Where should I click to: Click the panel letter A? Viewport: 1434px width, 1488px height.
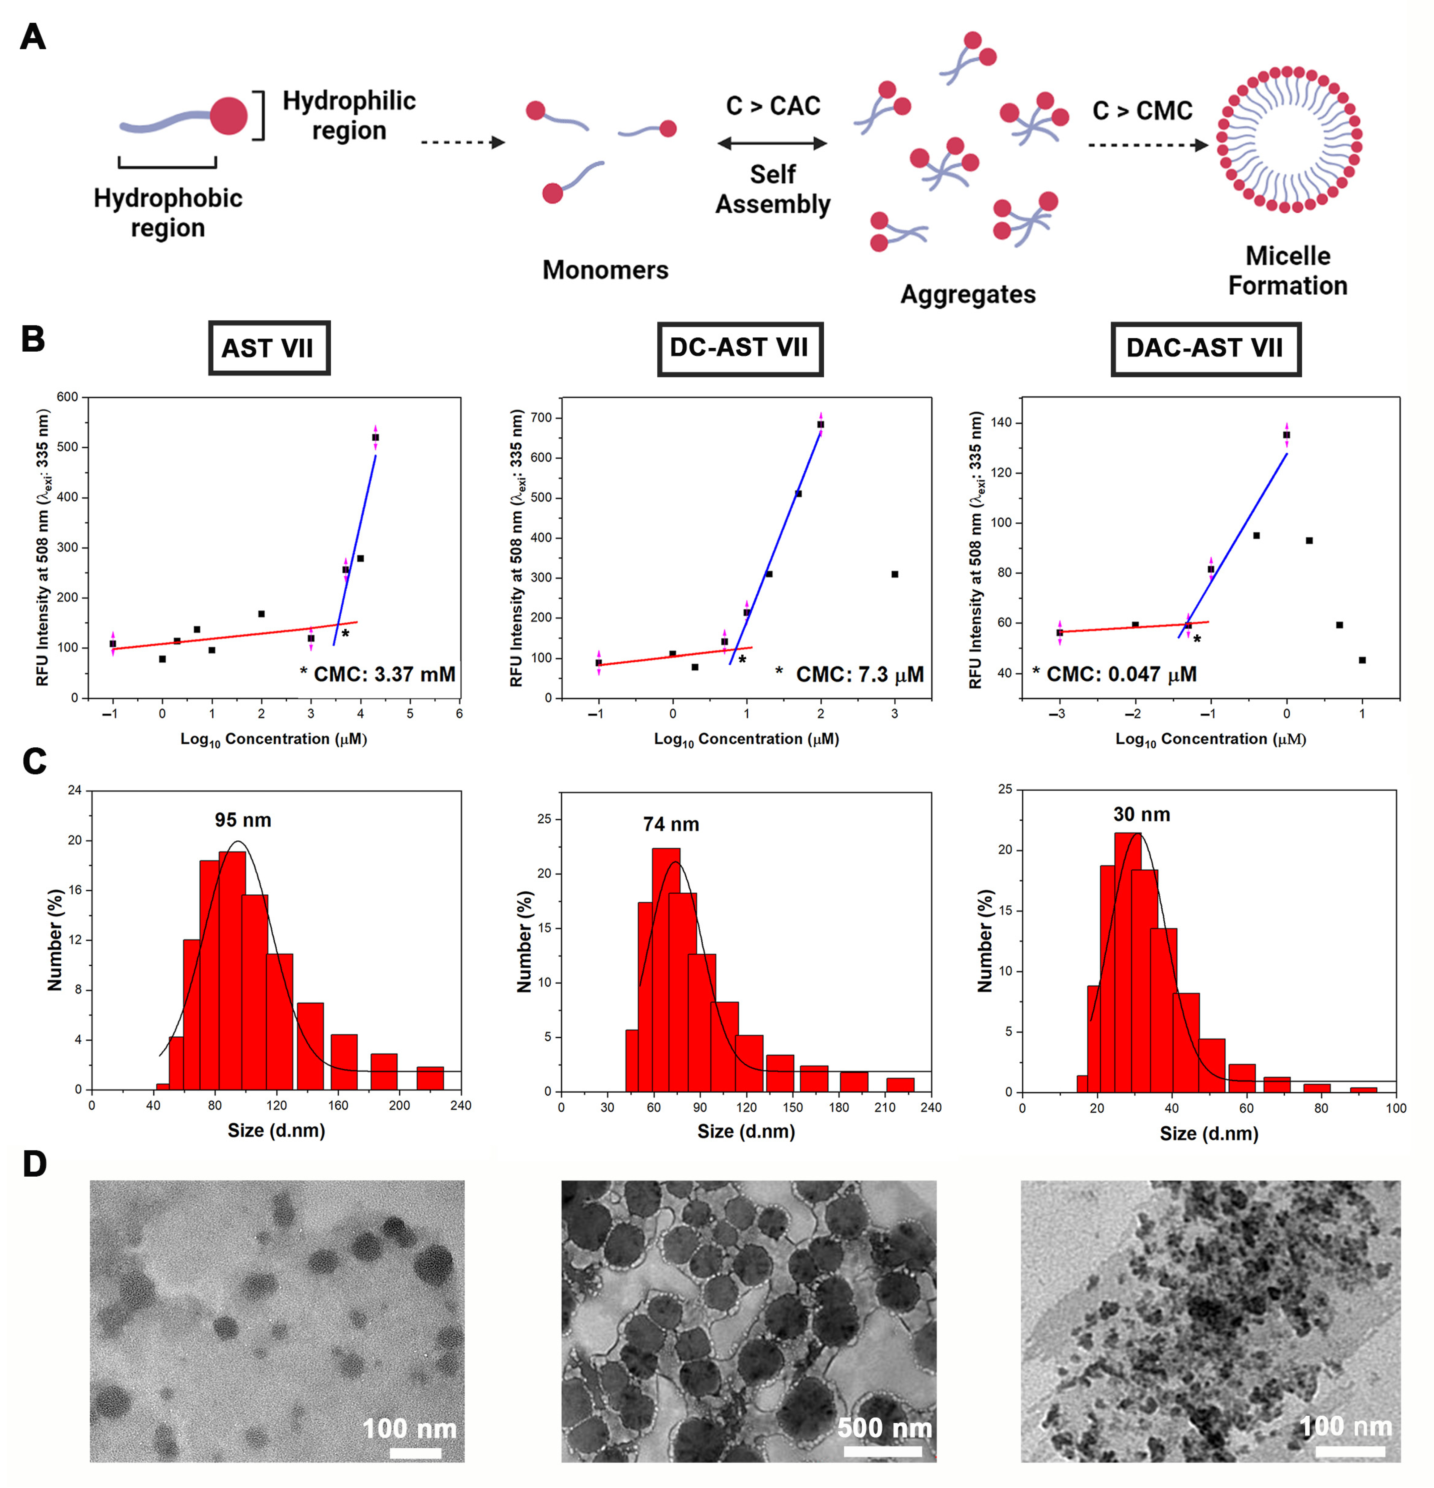tap(33, 36)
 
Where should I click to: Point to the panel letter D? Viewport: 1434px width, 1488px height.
tap(34, 1164)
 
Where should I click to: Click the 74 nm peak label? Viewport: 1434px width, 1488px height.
tap(671, 824)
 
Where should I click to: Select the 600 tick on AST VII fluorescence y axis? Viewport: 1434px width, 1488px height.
tap(68, 397)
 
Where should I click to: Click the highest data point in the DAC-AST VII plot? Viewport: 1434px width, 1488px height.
tap(1286, 435)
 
